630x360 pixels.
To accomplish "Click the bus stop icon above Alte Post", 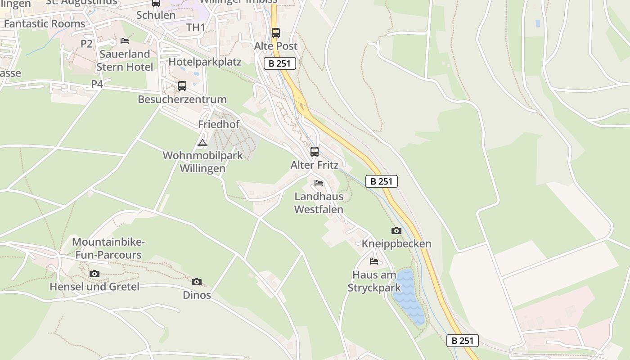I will tap(275, 33).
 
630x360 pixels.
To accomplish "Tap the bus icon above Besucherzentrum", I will tap(182, 85).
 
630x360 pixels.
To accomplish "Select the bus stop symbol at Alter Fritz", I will tap(315, 152).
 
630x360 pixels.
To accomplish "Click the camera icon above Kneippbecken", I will tap(396, 231).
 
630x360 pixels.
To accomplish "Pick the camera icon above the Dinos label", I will tap(197, 282).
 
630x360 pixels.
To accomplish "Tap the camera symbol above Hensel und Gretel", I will tap(94, 274).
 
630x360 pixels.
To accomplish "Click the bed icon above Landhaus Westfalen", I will tap(319, 183).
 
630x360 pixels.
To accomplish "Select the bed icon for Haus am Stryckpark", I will tap(374, 261).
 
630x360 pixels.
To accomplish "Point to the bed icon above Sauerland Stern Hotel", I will tap(125, 41).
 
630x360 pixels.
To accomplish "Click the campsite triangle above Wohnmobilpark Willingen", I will tap(202, 143).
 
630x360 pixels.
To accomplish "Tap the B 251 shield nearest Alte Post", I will tap(280, 63).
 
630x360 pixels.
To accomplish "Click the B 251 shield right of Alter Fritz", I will tap(382, 181).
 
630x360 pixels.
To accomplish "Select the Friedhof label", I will tap(219, 124).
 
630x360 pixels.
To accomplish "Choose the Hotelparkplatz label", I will tap(205, 62).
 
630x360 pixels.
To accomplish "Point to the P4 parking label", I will tap(97, 84).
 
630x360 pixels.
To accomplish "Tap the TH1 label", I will tap(196, 27).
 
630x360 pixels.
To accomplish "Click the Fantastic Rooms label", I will tap(44, 23).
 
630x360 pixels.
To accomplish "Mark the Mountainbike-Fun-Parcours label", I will tap(108, 248).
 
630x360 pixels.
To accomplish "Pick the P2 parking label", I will tap(86, 44).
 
